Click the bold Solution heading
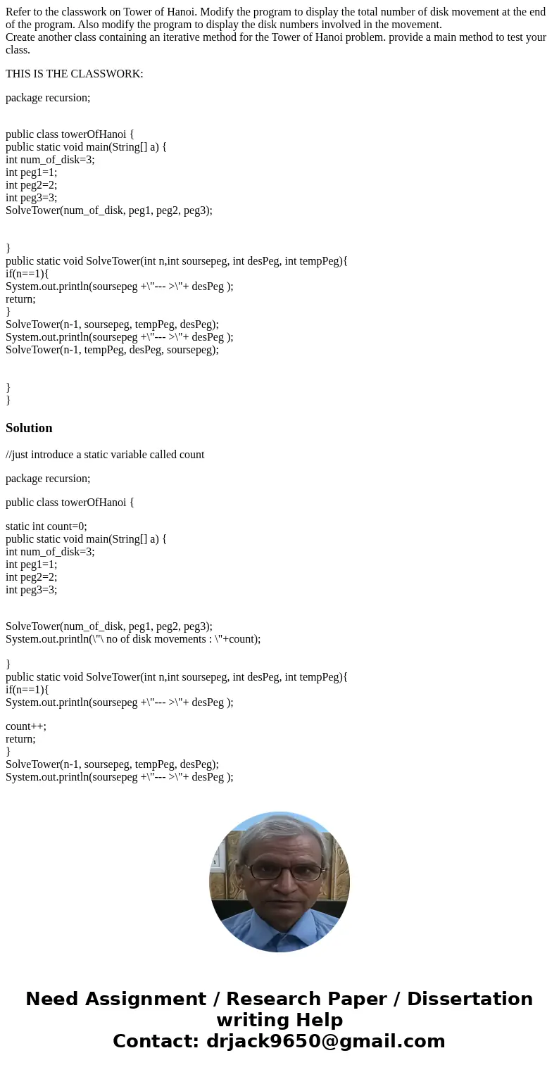point(29,428)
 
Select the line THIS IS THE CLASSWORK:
point(74,74)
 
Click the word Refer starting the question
point(19,12)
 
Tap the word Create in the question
point(22,37)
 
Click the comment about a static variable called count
point(105,455)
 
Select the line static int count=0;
point(46,526)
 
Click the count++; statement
point(26,726)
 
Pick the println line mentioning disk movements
point(133,639)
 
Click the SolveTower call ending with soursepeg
point(112,350)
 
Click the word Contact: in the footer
point(156,1041)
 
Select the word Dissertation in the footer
point(470,999)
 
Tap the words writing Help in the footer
point(279,1020)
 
